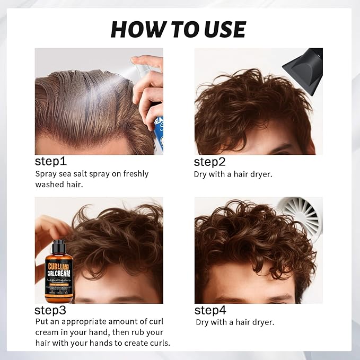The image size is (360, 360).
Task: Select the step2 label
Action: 211,162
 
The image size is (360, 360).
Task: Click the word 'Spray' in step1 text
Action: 46,174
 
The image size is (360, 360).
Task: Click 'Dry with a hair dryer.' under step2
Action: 233,174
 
